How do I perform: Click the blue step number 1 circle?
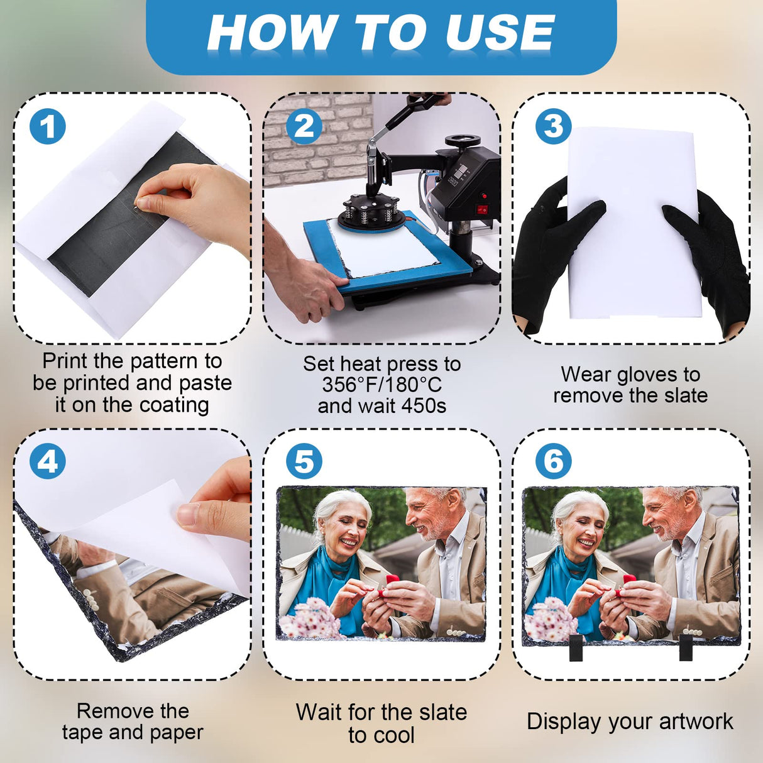[48, 126]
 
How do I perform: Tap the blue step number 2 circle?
[304, 126]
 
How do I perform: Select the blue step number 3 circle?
[554, 126]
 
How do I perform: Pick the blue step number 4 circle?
[48, 461]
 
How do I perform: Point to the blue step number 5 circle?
[304, 461]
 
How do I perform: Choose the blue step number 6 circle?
[554, 461]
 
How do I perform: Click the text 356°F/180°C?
[381, 385]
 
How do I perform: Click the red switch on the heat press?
[481, 209]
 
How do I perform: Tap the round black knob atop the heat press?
[463, 141]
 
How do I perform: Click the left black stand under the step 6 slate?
[576, 648]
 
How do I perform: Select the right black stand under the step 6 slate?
[686, 648]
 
